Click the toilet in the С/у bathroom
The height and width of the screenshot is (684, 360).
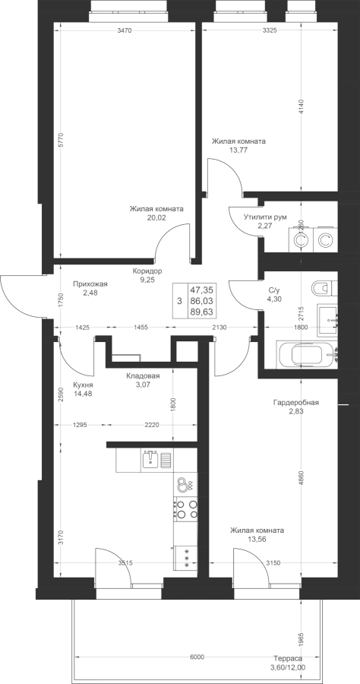pos(325,288)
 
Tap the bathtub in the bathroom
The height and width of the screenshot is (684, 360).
pos(308,353)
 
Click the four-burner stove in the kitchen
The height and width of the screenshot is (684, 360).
pos(185,509)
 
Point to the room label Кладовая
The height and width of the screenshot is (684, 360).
pos(144,376)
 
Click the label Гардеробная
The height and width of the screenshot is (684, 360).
pos(296,403)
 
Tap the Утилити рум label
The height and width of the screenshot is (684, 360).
pos(265,217)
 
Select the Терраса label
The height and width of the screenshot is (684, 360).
pos(288,659)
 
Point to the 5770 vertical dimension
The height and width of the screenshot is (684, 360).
pos(62,140)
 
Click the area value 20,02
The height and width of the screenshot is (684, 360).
pos(156,217)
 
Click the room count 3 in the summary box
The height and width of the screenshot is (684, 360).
pos(179,301)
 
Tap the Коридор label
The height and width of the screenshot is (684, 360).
pos(147,271)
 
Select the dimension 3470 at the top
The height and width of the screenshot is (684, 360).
pos(125,30)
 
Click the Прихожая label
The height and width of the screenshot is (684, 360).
pos(90,284)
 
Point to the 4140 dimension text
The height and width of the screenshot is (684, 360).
pos(302,107)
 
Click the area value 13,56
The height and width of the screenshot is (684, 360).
pos(257,539)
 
